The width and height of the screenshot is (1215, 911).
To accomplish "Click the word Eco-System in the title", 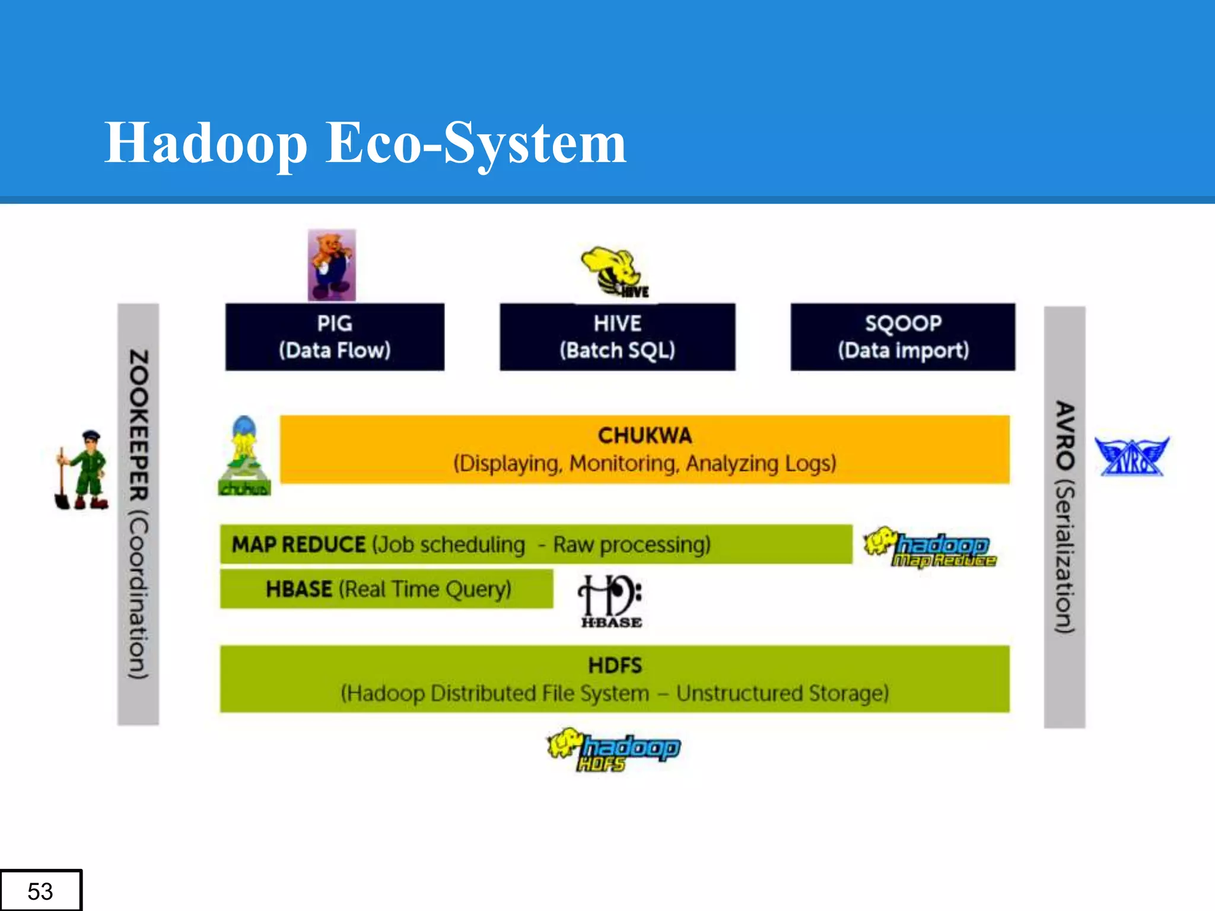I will pyautogui.click(x=476, y=144).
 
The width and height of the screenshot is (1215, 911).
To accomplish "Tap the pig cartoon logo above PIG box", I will pyautogui.click(x=332, y=265).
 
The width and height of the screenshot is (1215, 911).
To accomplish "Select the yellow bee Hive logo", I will pyautogui.click(x=614, y=272).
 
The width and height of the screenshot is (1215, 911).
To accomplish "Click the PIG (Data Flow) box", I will pyautogui.click(x=335, y=337).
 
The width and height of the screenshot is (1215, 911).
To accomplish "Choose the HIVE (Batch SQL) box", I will pyautogui.click(x=617, y=337).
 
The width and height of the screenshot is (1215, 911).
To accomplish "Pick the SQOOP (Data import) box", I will pyautogui.click(x=902, y=337).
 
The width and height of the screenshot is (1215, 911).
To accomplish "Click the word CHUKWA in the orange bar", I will pyautogui.click(x=645, y=436).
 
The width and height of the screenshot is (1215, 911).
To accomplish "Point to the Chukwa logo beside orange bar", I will pyautogui.click(x=244, y=456).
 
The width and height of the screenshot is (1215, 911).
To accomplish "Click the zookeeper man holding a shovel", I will pyautogui.click(x=84, y=470).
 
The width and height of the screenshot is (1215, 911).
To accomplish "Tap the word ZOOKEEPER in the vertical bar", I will pyautogui.click(x=139, y=425).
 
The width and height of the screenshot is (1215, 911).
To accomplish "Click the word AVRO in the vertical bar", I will pyautogui.click(x=1065, y=436).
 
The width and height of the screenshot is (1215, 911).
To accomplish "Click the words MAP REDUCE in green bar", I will pyautogui.click(x=298, y=544).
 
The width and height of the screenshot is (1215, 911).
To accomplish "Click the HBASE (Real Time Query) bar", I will pyautogui.click(x=386, y=590).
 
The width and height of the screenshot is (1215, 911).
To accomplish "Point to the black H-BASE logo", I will pyautogui.click(x=610, y=601).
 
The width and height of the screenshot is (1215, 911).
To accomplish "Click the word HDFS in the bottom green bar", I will pyautogui.click(x=615, y=665).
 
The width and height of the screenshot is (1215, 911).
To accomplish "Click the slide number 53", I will pyautogui.click(x=40, y=891).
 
